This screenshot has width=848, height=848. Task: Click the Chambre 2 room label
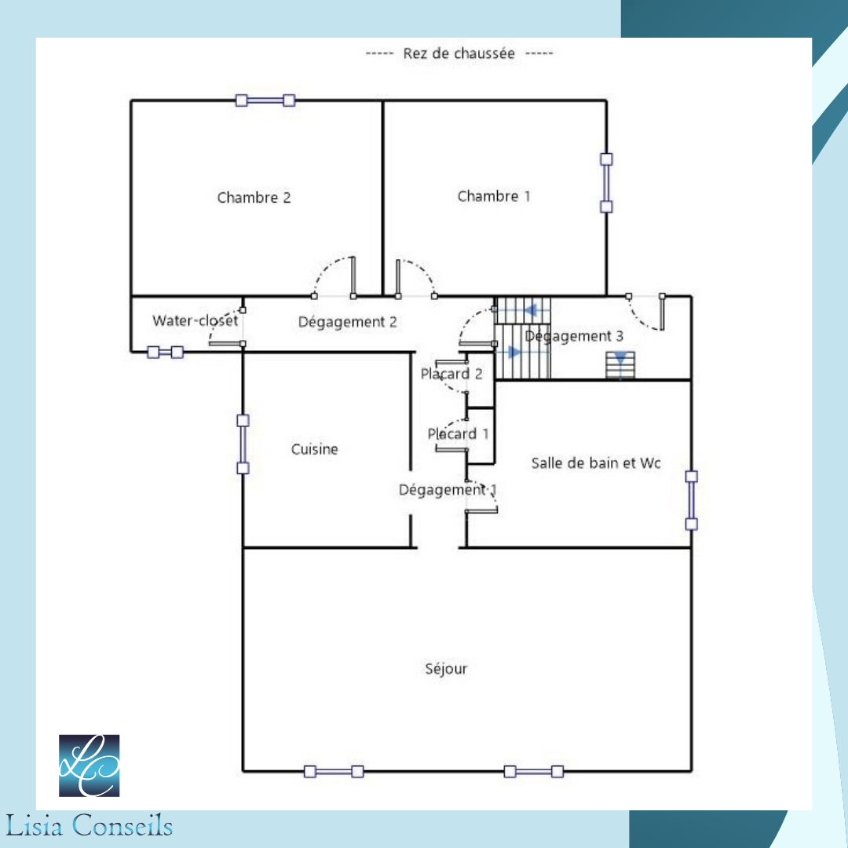point(254,198)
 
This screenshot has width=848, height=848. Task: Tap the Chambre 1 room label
point(494,196)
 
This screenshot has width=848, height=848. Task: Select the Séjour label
point(446,669)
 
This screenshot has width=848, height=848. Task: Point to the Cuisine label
point(314,449)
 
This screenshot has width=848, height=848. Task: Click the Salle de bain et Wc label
point(595,463)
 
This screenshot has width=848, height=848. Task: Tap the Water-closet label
point(196,320)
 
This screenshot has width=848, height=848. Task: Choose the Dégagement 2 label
point(347,323)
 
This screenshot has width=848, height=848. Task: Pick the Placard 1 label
point(458,433)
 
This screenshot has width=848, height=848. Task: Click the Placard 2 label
point(451,374)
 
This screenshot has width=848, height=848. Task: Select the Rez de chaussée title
point(459,53)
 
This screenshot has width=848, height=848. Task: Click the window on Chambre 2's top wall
point(265,100)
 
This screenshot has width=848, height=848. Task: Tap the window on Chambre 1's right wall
point(606,183)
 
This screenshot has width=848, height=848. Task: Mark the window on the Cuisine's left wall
point(243,444)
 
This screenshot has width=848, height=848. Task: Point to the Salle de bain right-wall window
point(691,500)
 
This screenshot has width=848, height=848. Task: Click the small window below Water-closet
point(166,353)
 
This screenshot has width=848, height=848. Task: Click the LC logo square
point(90,766)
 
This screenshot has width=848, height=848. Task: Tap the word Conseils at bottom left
point(122,826)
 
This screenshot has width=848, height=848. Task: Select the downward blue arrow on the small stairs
point(621,357)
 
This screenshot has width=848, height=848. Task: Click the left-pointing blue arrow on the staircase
point(531,310)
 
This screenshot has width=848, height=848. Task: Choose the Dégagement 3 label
point(574,336)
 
